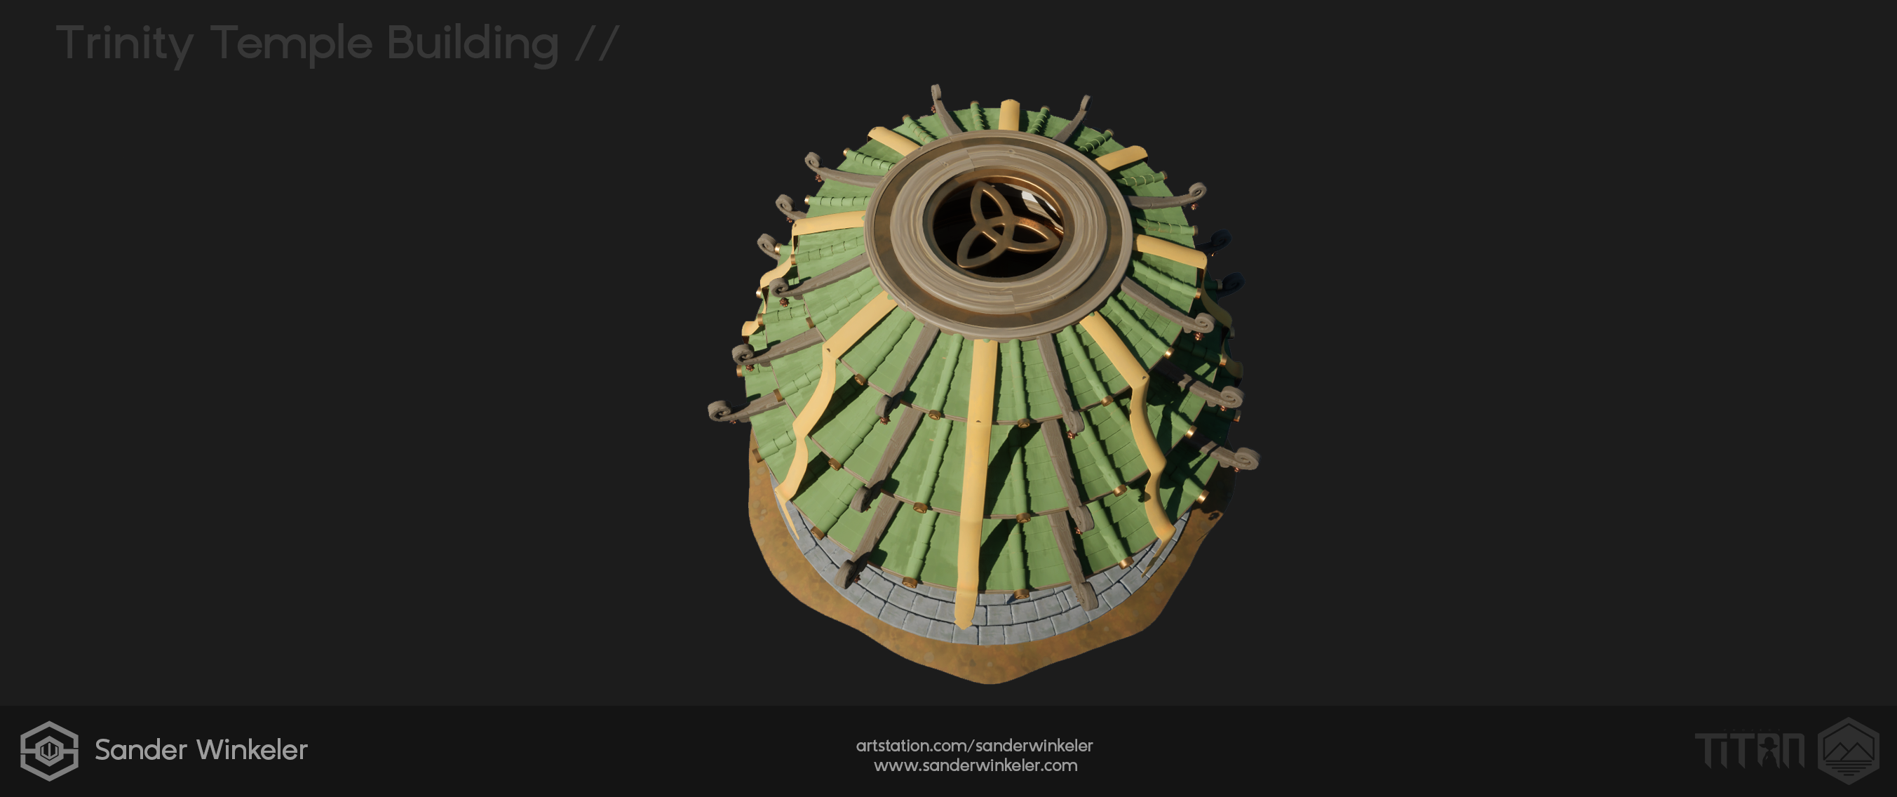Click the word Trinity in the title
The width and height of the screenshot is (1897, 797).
click(124, 44)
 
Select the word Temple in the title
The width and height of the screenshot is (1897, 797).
click(292, 44)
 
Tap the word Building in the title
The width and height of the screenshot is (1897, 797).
click(473, 44)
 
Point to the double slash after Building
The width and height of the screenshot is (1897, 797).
click(597, 43)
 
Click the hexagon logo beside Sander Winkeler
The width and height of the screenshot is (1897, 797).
click(49, 751)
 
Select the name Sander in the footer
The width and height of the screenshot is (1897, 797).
click(141, 750)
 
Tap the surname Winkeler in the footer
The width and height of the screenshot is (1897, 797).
click(252, 750)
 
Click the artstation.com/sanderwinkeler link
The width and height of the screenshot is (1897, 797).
click(974, 746)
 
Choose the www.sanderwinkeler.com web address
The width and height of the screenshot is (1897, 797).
click(975, 765)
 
